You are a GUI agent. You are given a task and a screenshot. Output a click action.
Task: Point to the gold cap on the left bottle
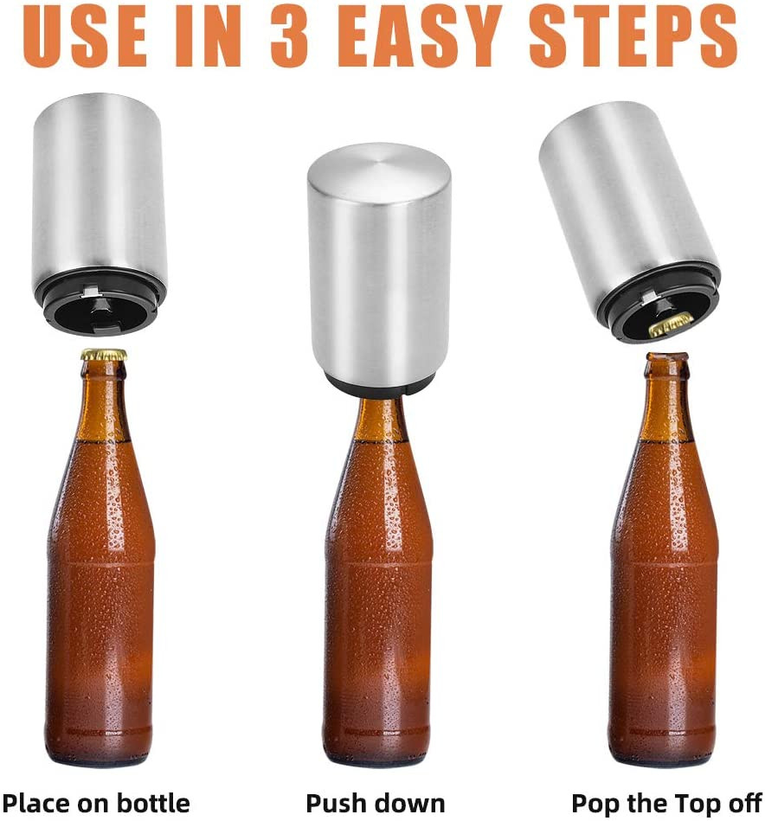point(104,355)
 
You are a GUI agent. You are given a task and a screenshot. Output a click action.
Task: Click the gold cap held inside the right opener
point(671,323)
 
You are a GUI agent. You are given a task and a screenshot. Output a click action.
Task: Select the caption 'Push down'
point(375,803)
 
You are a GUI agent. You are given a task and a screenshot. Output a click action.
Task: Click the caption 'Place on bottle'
point(96,803)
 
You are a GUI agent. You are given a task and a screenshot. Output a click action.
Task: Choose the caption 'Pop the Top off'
point(666,803)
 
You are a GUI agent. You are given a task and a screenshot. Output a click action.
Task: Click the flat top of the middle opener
point(378,165)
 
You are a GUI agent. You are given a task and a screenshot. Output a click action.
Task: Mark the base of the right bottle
point(662,746)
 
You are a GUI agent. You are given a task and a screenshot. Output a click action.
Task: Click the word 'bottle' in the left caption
point(152,802)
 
